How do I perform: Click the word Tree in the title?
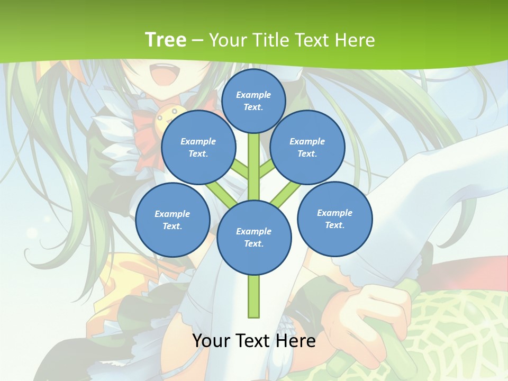[x=166, y=40]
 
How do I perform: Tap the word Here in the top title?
[x=356, y=40]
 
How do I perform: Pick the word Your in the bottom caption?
[x=212, y=341]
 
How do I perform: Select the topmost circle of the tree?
[x=253, y=101]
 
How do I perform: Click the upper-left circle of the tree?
[x=198, y=148]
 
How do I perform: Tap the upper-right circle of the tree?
[x=307, y=148]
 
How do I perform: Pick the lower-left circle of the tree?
[x=173, y=220]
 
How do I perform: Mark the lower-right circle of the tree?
[x=334, y=219]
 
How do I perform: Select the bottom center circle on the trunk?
[x=254, y=237]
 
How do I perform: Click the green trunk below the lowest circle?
[x=254, y=296]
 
